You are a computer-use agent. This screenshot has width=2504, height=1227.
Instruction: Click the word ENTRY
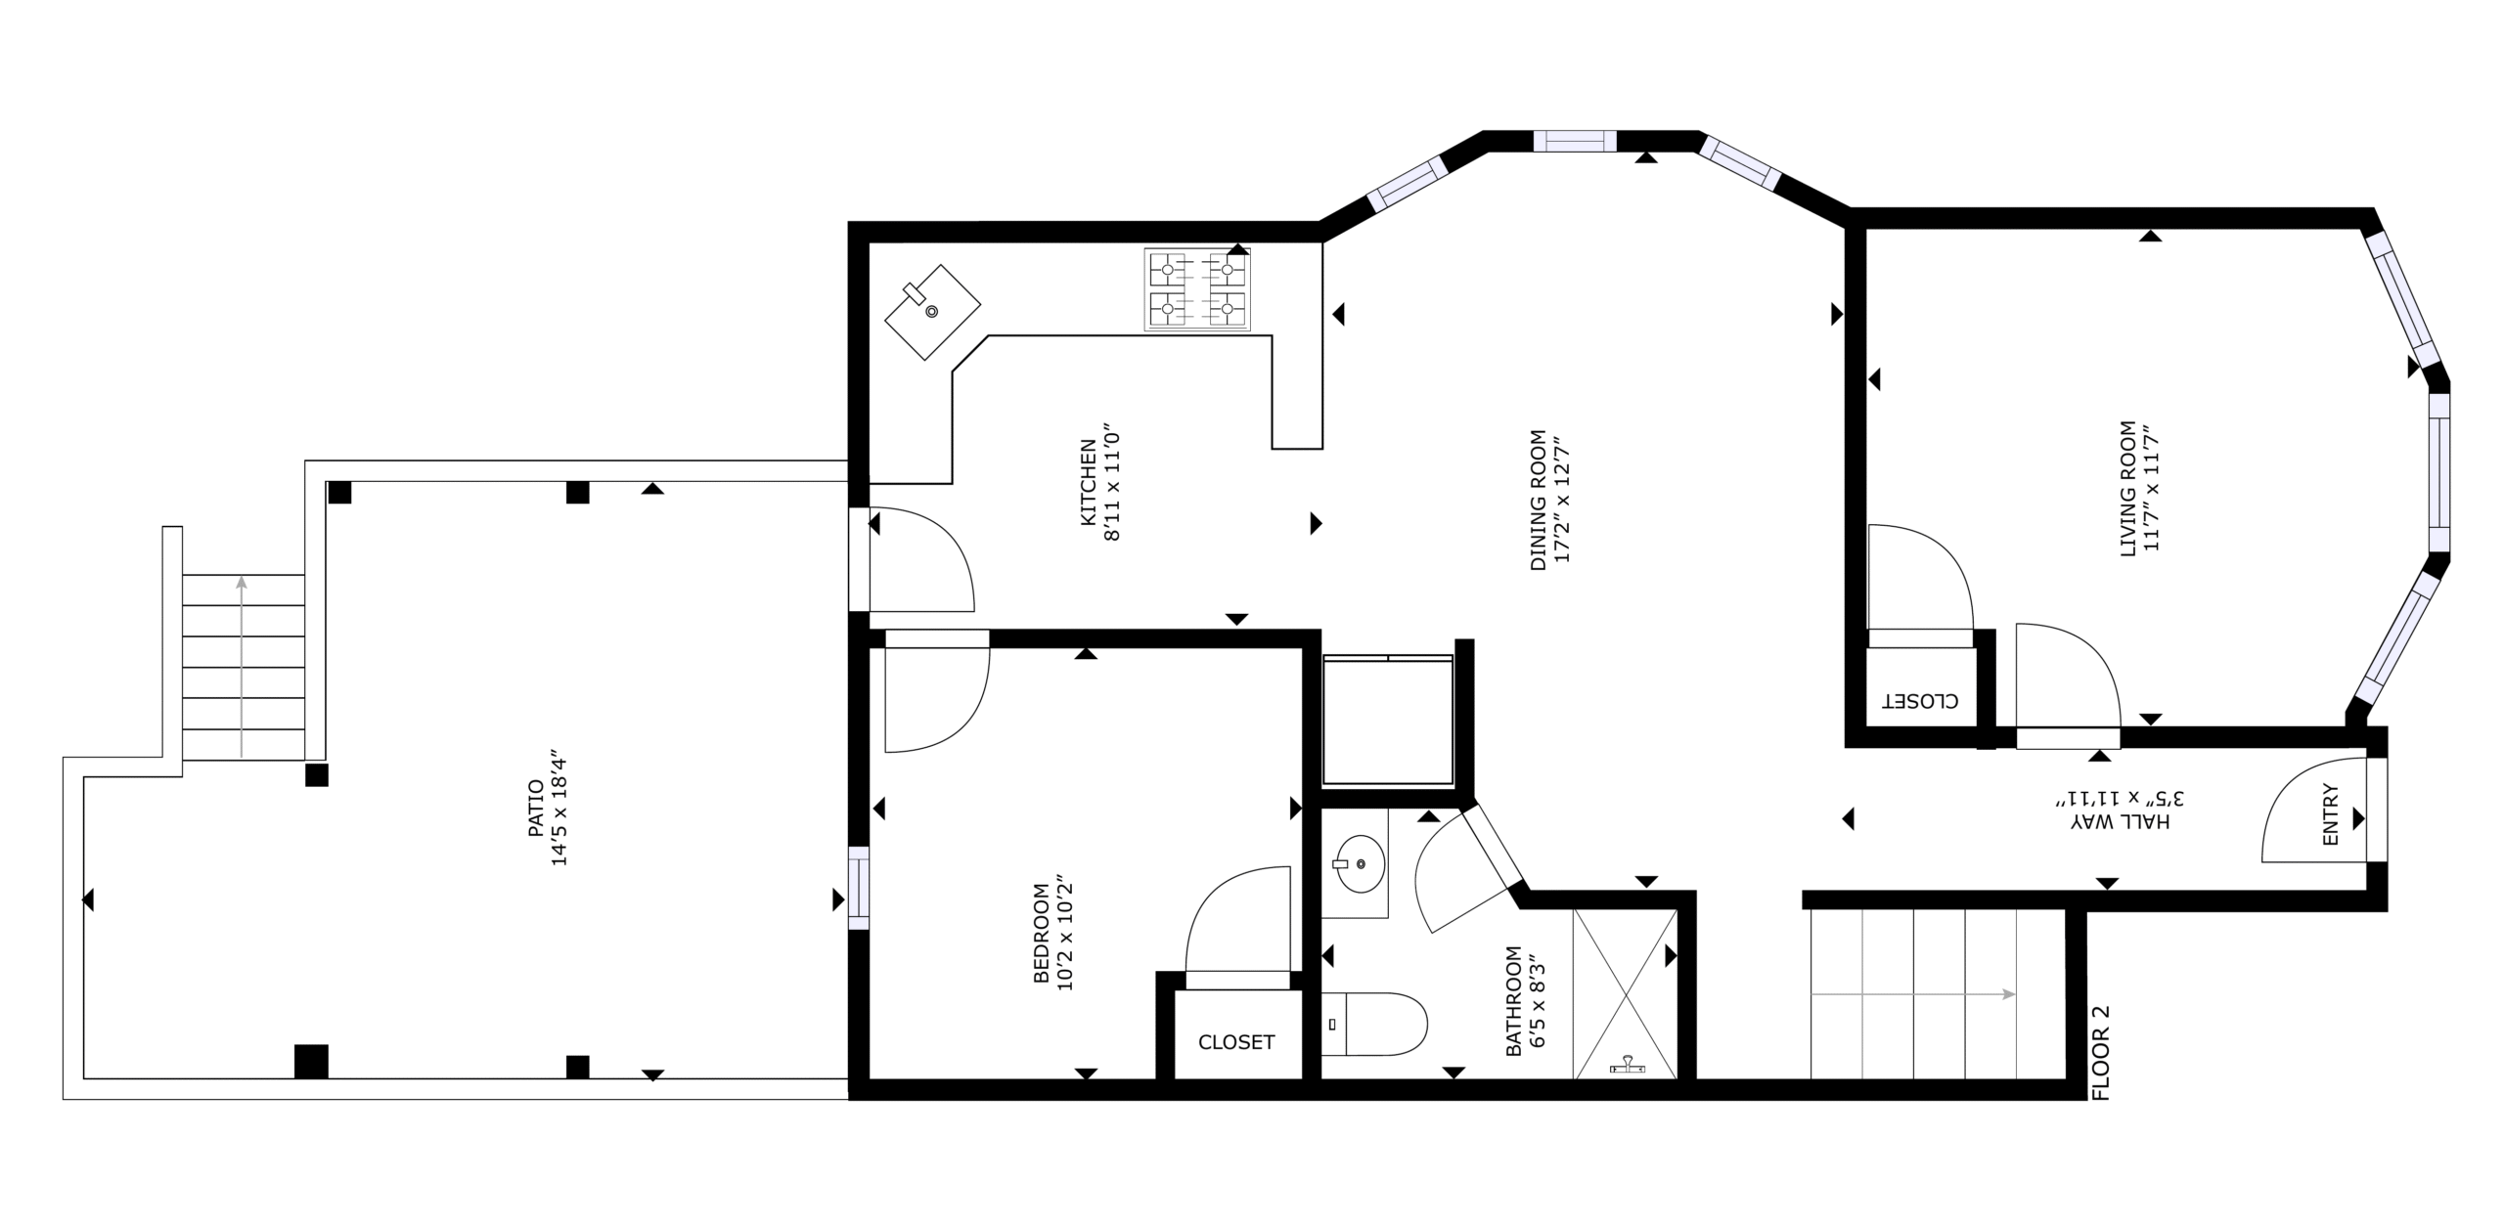(x=2330, y=815)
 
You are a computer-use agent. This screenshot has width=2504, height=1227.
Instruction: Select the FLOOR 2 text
(x=2100, y=1053)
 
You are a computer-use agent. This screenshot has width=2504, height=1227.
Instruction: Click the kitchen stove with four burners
(x=1197, y=289)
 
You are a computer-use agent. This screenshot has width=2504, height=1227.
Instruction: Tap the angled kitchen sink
(x=932, y=312)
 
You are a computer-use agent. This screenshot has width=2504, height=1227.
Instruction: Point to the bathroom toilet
(x=1373, y=1024)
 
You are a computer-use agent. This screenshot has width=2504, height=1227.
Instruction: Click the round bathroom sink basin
(x=1362, y=864)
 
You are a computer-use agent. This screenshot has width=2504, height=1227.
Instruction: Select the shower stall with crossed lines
(x=1625, y=994)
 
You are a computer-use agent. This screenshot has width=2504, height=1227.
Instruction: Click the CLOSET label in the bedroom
(x=1236, y=1042)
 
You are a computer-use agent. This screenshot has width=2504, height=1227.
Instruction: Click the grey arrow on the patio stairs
(x=242, y=667)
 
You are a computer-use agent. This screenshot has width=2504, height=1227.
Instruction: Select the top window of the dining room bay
(x=1575, y=141)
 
